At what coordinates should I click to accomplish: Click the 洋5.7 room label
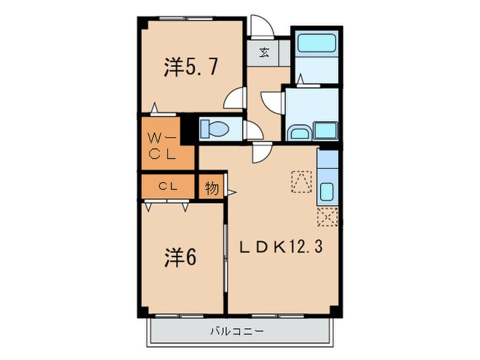point(182,67)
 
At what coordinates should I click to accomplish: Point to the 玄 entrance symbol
point(264,52)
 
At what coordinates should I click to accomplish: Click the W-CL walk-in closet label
point(163,145)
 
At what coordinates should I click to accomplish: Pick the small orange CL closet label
point(168,185)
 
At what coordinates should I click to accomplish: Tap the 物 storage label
point(212,188)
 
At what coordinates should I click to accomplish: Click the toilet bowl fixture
point(217,128)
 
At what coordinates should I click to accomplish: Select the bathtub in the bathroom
point(315,43)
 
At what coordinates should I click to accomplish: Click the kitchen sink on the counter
point(327,191)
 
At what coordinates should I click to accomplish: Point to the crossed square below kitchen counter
point(327,217)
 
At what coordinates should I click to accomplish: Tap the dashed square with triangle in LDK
point(301,180)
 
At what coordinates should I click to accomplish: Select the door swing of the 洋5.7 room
point(235,98)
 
